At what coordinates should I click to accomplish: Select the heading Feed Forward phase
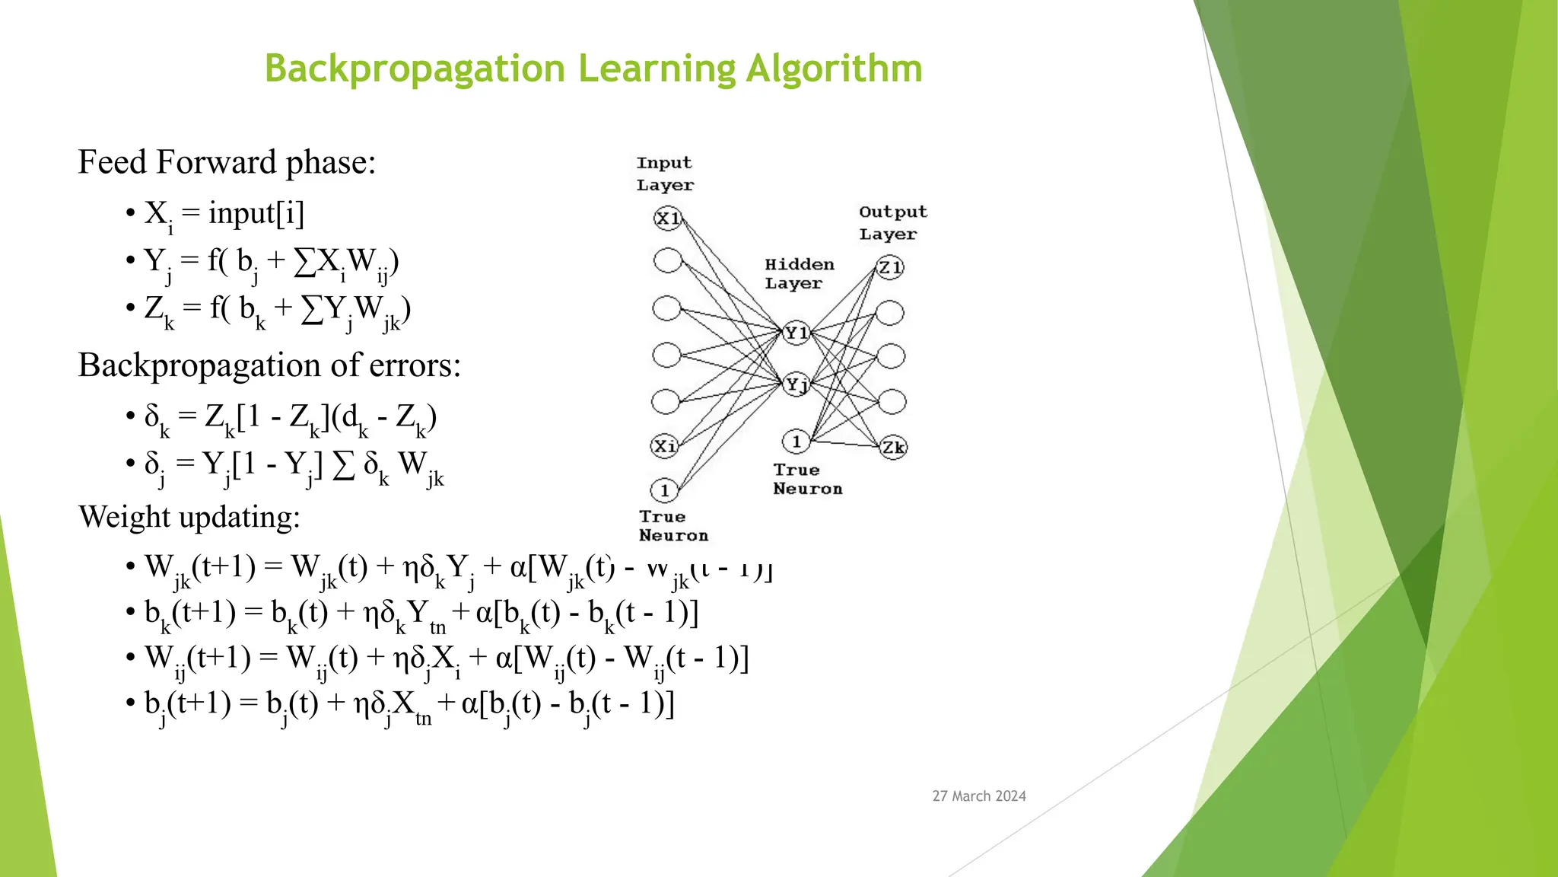click(227, 163)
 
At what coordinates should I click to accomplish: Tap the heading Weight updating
click(189, 517)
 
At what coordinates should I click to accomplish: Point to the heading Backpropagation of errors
click(269, 365)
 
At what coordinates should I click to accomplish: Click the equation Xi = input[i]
click(224, 214)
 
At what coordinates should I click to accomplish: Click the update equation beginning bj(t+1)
click(409, 704)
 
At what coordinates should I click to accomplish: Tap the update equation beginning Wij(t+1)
click(446, 659)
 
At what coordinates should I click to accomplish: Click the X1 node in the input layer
click(667, 219)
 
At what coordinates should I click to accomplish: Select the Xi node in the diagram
click(665, 446)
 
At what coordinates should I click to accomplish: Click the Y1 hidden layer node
click(796, 333)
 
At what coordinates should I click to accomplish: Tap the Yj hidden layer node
click(796, 384)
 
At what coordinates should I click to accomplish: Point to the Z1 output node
click(889, 267)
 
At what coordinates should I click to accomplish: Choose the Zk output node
click(893, 447)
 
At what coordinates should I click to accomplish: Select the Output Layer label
click(892, 222)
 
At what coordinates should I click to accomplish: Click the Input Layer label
click(664, 174)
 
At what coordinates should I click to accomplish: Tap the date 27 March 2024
click(978, 796)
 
